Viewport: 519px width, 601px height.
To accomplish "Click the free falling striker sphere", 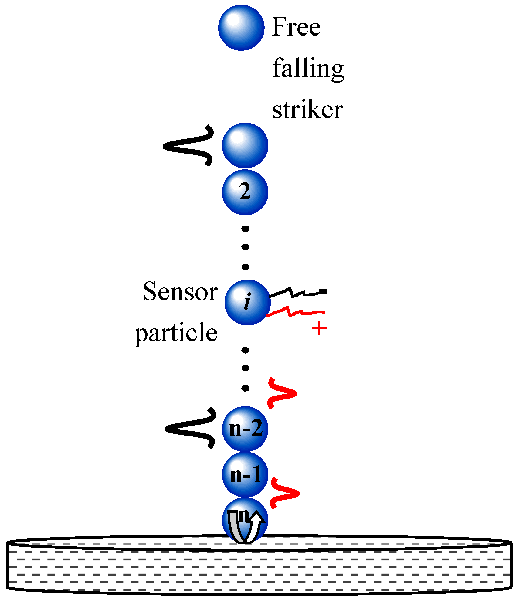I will (x=241, y=28).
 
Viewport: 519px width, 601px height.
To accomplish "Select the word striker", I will (x=307, y=110).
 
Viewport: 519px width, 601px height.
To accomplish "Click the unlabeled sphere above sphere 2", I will (x=245, y=146).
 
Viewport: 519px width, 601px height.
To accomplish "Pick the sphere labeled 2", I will (x=245, y=192).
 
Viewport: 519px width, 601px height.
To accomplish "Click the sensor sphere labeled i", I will (x=247, y=302).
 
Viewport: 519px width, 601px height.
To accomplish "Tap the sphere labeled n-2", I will (x=245, y=429).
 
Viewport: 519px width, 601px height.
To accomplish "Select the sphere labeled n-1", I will (x=245, y=475).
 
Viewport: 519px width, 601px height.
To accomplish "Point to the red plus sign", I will (x=319, y=329).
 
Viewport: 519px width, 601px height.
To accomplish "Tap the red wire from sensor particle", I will (x=296, y=312).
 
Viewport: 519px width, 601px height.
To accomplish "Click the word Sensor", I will (x=180, y=292).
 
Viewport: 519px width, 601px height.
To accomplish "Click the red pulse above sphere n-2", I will (x=282, y=393).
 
